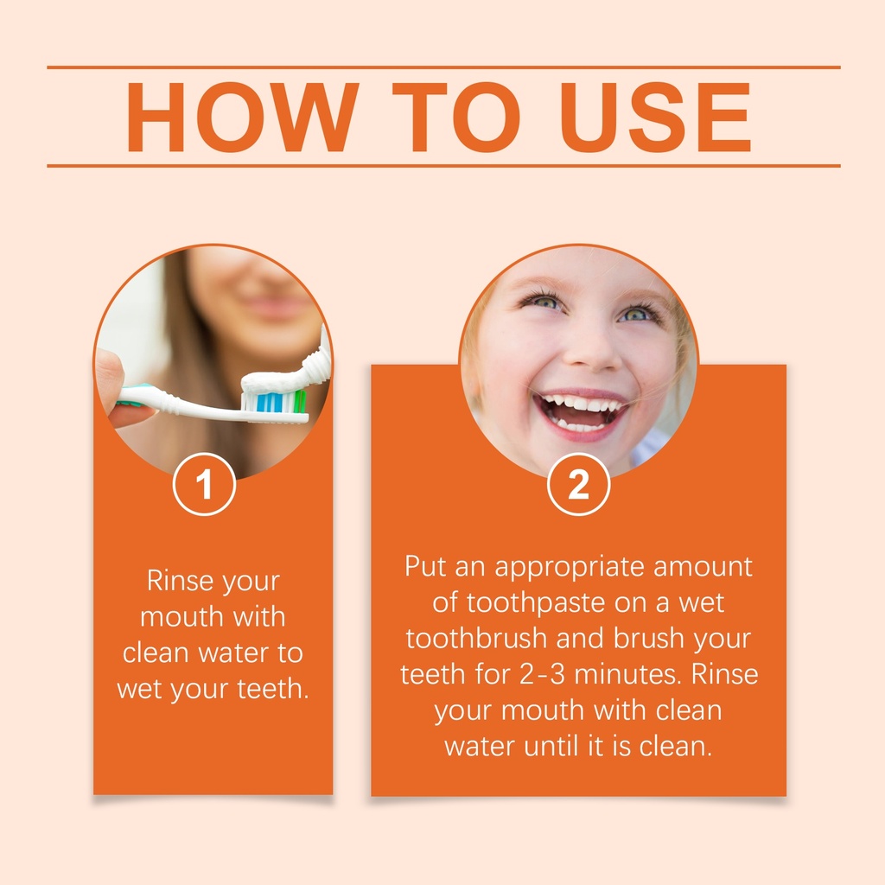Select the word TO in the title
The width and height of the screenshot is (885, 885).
pos(456,118)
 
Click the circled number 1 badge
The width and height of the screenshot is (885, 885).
pos(204,484)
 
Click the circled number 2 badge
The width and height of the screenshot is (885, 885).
pos(578,484)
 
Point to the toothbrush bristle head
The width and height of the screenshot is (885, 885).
pos(274,403)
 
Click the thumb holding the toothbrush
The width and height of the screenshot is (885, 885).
pos(116,390)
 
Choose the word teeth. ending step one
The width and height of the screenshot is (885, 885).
pos(272,689)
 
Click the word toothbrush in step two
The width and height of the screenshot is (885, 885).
pos(476,639)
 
